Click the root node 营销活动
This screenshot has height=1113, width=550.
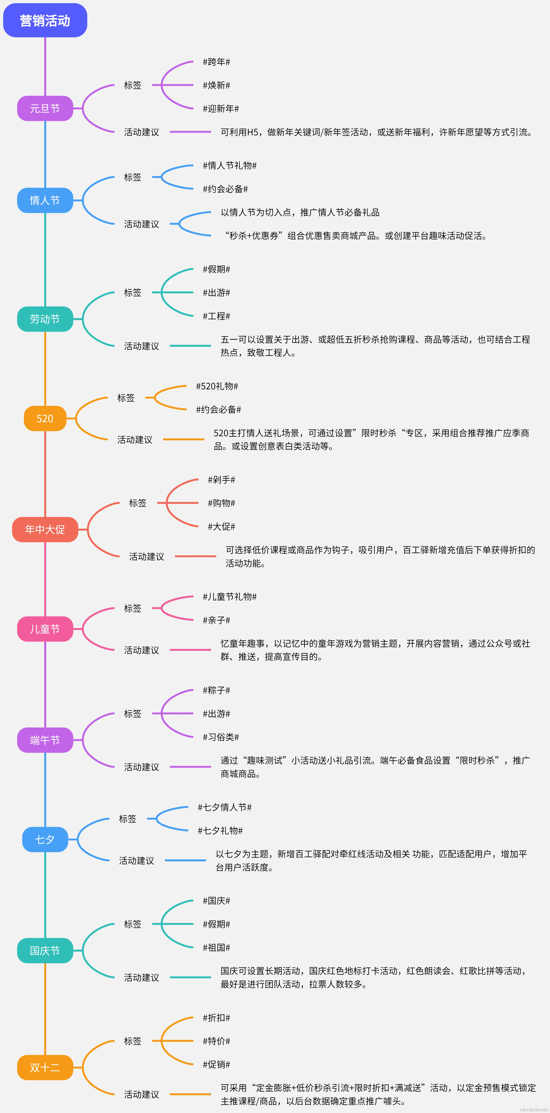(45, 20)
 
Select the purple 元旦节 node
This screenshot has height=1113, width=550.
(45, 108)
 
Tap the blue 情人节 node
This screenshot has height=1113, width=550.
(45, 201)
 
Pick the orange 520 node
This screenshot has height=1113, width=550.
(45, 419)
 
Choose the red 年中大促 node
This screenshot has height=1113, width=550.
(45, 529)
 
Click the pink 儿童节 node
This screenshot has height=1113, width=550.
(45, 629)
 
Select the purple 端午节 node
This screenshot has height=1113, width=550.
(45, 740)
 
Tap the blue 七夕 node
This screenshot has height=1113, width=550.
(45, 840)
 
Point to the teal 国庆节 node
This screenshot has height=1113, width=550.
(45, 951)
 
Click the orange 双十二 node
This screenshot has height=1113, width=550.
(45, 1068)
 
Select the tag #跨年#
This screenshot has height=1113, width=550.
(216, 62)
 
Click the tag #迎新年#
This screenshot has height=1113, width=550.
(221, 108)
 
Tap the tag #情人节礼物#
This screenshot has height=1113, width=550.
(230, 165)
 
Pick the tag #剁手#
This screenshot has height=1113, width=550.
(222, 480)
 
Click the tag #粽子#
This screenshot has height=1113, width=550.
(216, 690)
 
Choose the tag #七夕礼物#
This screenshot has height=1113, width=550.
(220, 830)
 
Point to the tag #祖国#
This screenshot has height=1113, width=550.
(216, 948)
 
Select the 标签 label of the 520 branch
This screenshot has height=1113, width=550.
(126, 397)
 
